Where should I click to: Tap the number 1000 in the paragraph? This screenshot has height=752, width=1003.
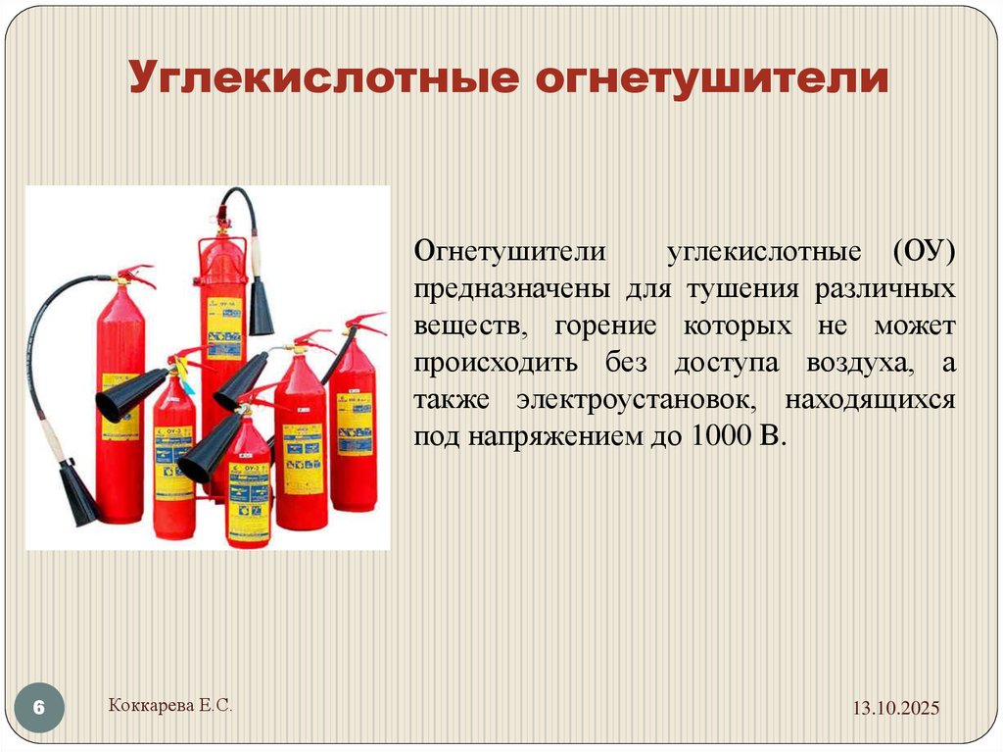[x=717, y=436]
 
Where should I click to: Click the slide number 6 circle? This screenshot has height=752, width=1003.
[x=40, y=708]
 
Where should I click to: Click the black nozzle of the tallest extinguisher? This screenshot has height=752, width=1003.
[x=261, y=306]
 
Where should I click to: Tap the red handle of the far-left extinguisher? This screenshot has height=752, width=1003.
[x=133, y=274]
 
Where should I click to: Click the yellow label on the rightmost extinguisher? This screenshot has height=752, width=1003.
[x=354, y=423]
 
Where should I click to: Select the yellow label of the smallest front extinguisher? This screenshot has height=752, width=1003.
[x=248, y=499]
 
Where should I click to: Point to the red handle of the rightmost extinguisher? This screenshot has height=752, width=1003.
[x=364, y=323]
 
